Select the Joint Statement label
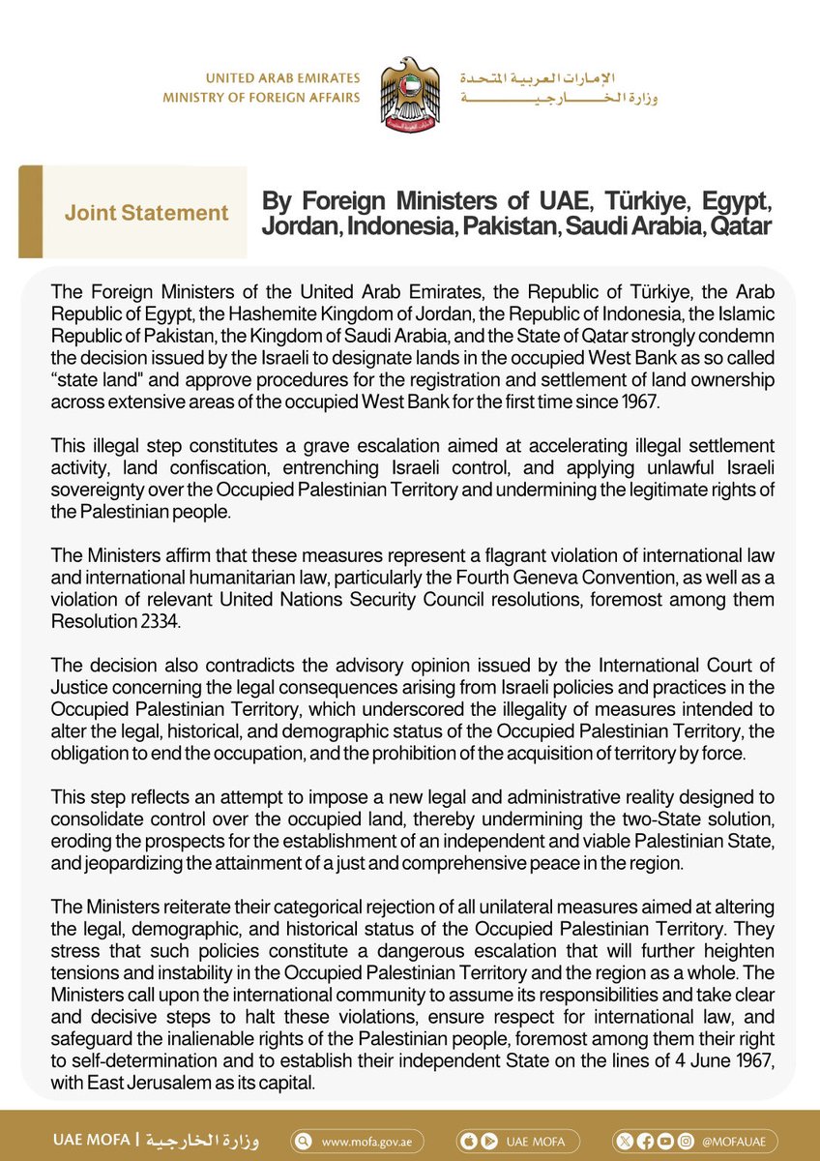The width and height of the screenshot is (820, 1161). (147, 213)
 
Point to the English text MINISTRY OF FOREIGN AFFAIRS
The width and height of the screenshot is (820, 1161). (261, 98)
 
